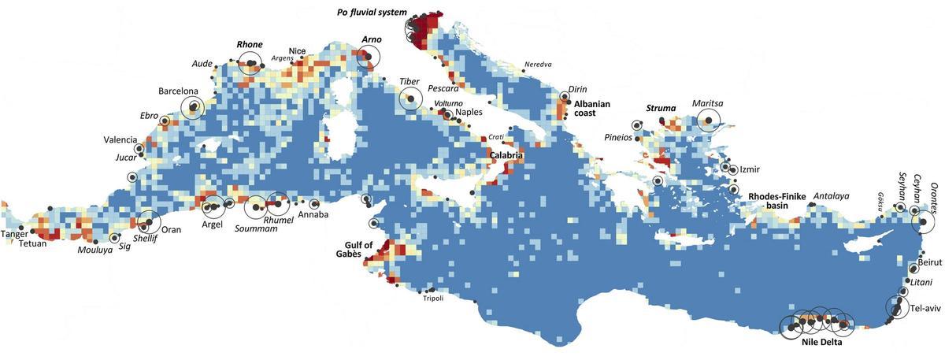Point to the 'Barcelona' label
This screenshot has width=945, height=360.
[179, 91]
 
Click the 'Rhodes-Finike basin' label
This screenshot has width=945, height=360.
[776, 201]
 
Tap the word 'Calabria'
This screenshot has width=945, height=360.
[506, 156]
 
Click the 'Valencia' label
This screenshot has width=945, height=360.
[120, 140]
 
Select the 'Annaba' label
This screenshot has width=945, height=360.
[313, 215]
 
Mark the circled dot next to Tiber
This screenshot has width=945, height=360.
[409, 99]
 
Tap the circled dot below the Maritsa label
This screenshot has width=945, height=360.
[708, 120]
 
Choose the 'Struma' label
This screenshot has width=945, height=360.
[661, 108]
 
